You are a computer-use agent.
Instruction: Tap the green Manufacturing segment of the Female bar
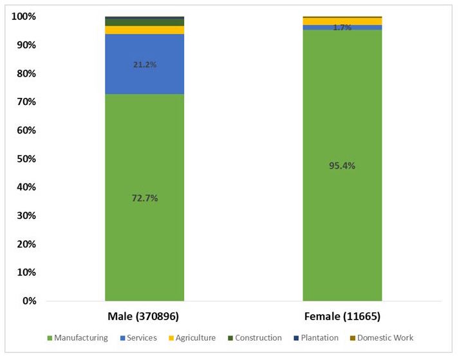tap(342, 225)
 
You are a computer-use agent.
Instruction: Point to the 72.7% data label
tap(144, 198)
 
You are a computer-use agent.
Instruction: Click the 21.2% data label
tap(145, 64)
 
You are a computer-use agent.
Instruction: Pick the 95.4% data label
tap(342, 166)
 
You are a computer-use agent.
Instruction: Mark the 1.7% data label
tap(342, 28)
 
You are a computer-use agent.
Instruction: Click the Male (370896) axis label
tap(144, 317)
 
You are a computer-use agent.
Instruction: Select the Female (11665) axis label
tap(342, 317)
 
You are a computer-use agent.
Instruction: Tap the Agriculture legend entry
tap(194, 337)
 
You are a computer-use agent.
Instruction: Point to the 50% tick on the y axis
tap(23, 158)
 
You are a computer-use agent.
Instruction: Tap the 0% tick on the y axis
tap(26, 301)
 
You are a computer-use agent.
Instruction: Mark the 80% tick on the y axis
tap(23, 73)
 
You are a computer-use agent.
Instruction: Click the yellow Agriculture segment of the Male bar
tap(144, 30)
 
